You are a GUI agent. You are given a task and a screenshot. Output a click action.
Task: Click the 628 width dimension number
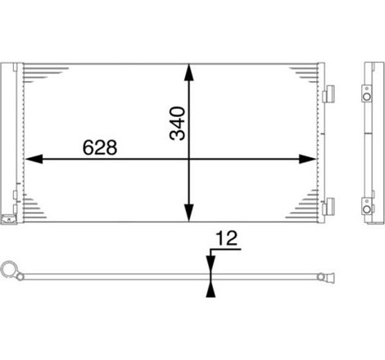point(100,147)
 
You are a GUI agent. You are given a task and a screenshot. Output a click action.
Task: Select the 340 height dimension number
point(179,122)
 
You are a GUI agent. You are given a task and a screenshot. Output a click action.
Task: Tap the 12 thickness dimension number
point(226,239)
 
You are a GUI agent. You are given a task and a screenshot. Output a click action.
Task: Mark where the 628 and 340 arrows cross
point(189,159)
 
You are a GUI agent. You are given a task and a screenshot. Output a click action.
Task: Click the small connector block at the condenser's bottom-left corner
point(10,218)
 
